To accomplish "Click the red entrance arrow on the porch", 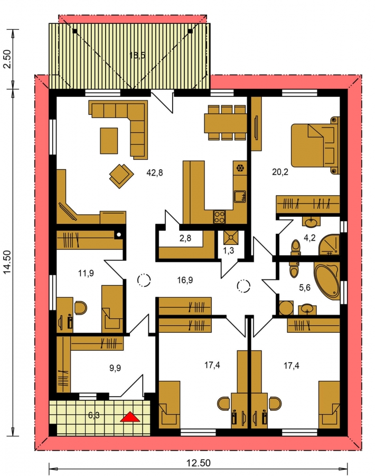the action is click(130, 417).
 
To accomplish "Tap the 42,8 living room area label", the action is click(155, 173).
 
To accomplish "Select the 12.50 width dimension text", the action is click(198, 463).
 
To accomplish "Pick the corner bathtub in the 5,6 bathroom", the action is click(327, 282).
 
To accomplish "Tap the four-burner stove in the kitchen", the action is click(220, 217).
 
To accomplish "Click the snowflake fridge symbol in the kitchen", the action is click(240, 168).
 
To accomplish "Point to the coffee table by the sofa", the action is click(109, 141).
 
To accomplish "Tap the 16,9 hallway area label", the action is click(185, 280).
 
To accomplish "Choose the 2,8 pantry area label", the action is click(185, 239).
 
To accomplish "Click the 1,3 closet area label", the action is click(229, 251).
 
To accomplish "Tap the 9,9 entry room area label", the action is click(115, 368).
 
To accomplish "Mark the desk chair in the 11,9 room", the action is click(80, 308).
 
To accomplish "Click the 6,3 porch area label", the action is click(94, 415).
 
